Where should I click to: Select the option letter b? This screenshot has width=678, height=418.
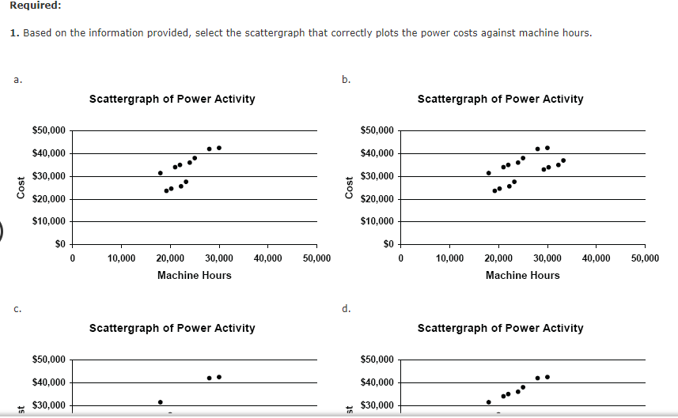(x=345, y=80)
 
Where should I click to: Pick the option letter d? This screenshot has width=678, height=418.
(x=345, y=309)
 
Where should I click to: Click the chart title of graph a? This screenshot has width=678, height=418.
(x=172, y=99)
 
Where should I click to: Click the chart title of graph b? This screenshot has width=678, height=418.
(x=500, y=99)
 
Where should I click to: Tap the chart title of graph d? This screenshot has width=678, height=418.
(x=500, y=328)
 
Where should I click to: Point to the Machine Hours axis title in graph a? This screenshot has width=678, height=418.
(x=194, y=275)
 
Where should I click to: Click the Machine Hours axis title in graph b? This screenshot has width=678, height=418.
(x=522, y=275)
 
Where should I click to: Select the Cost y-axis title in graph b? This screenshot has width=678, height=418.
(x=350, y=188)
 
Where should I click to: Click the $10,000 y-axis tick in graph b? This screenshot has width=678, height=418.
(x=376, y=222)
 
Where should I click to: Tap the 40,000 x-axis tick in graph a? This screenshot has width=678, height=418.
(x=267, y=258)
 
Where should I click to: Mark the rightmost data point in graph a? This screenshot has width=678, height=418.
(x=219, y=148)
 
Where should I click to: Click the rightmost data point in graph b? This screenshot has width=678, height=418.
(x=562, y=160)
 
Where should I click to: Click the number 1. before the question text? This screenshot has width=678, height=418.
(x=14, y=33)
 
